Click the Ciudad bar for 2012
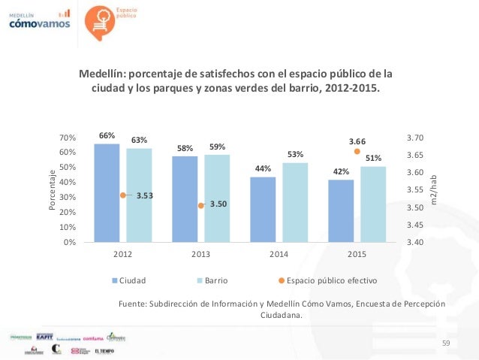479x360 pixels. (x=107, y=193)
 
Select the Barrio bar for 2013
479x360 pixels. (x=217, y=198)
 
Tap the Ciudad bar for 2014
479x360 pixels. (x=263, y=210)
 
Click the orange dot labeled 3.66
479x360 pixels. (x=357, y=150)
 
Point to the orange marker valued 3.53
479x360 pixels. (x=123, y=195)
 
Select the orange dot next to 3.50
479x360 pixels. (x=201, y=205)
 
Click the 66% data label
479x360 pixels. (x=107, y=136)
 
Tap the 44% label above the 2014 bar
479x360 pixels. (x=263, y=169)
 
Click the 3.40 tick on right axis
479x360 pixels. (x=415, y=243)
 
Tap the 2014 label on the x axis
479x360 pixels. (x=279, y=254)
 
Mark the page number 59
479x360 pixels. (x=446, y=343)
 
